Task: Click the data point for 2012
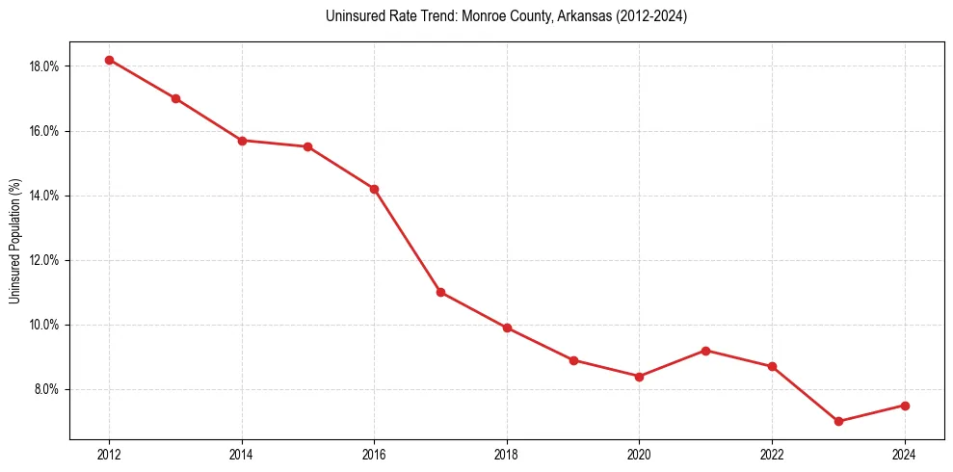109,60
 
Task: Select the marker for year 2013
175,98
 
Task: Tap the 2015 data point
307,146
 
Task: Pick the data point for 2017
440,292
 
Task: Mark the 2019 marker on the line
573,360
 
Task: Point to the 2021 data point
705,351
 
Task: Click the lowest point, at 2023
838,421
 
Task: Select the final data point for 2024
905,406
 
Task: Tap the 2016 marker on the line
374,189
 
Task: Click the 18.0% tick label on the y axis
45,66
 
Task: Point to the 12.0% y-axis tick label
45,260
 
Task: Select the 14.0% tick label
45,196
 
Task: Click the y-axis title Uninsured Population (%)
15,241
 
